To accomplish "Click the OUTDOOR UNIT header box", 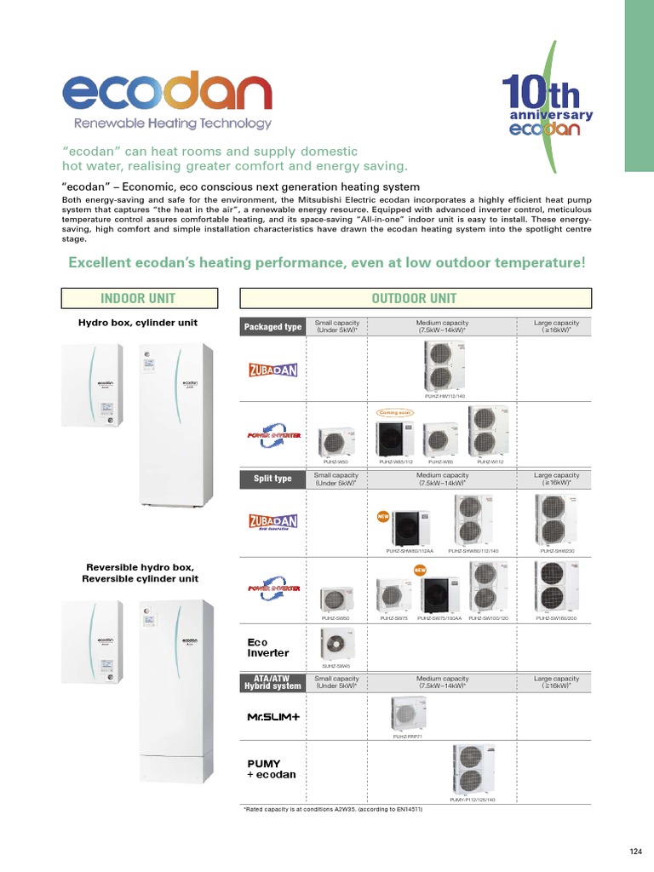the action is [x=414, y=298].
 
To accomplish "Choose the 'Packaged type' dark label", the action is [x=272, y=327].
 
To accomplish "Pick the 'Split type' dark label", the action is [x=272, y=479].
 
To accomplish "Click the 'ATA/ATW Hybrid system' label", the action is [x=272, y=682].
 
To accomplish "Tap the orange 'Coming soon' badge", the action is [x=394, y=413].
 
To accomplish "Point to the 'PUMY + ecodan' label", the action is [x=265, y=769].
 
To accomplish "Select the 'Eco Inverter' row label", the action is [x=267, y=647].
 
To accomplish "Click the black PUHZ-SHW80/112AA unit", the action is [x=411, y=529].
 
